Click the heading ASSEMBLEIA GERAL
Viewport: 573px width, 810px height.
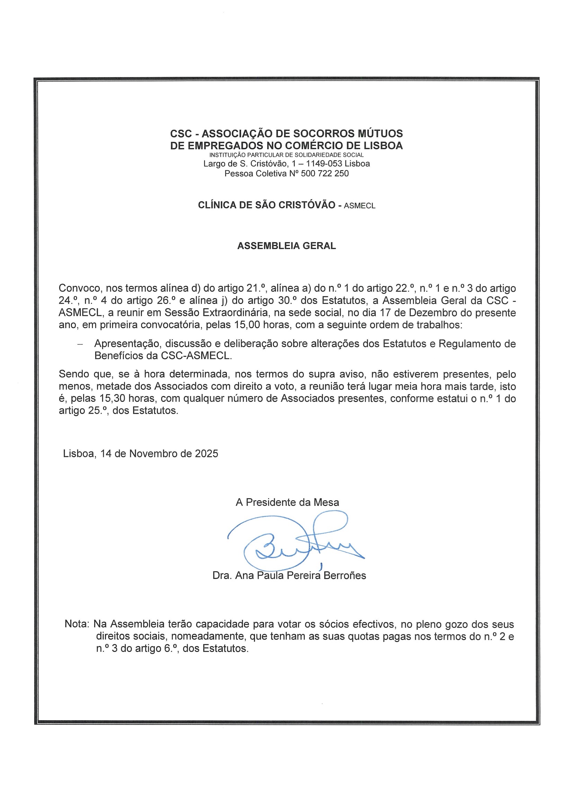286,246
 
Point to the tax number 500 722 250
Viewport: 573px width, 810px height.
325,173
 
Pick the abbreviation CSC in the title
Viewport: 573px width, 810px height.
181,134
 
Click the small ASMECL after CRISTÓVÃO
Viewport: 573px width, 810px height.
359,206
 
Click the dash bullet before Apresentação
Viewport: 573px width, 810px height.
80,344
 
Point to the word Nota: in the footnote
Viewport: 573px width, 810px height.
77,624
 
